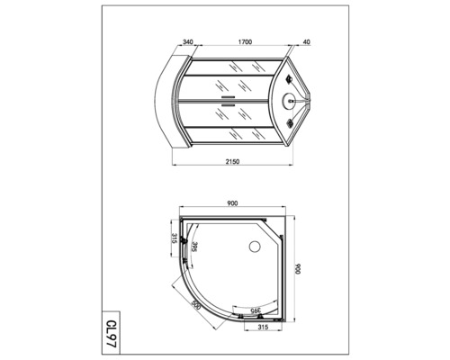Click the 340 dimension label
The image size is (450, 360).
pos(187,41)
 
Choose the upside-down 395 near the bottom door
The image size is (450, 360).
pos(254,309)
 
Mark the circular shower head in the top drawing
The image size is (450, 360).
pos(289,101)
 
